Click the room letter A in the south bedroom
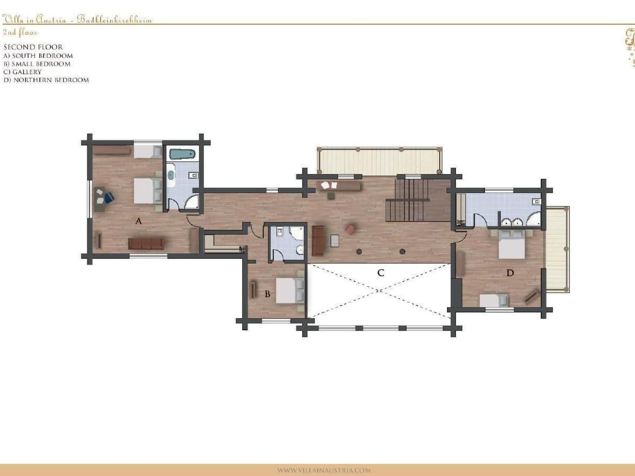click(139, 221)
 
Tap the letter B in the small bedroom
click(268, 294)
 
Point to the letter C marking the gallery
click(381, 273)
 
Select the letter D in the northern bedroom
click(510, 273)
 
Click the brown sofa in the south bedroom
click(146, 244)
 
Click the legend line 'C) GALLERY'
click(22, 72)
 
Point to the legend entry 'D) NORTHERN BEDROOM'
click(46, 80)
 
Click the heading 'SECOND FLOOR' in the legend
click(33, 47)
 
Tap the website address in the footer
click(324, 470)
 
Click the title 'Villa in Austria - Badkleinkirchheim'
click(77, 20)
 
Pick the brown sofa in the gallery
click(318, 241)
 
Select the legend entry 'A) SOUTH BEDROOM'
click(38, 56)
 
